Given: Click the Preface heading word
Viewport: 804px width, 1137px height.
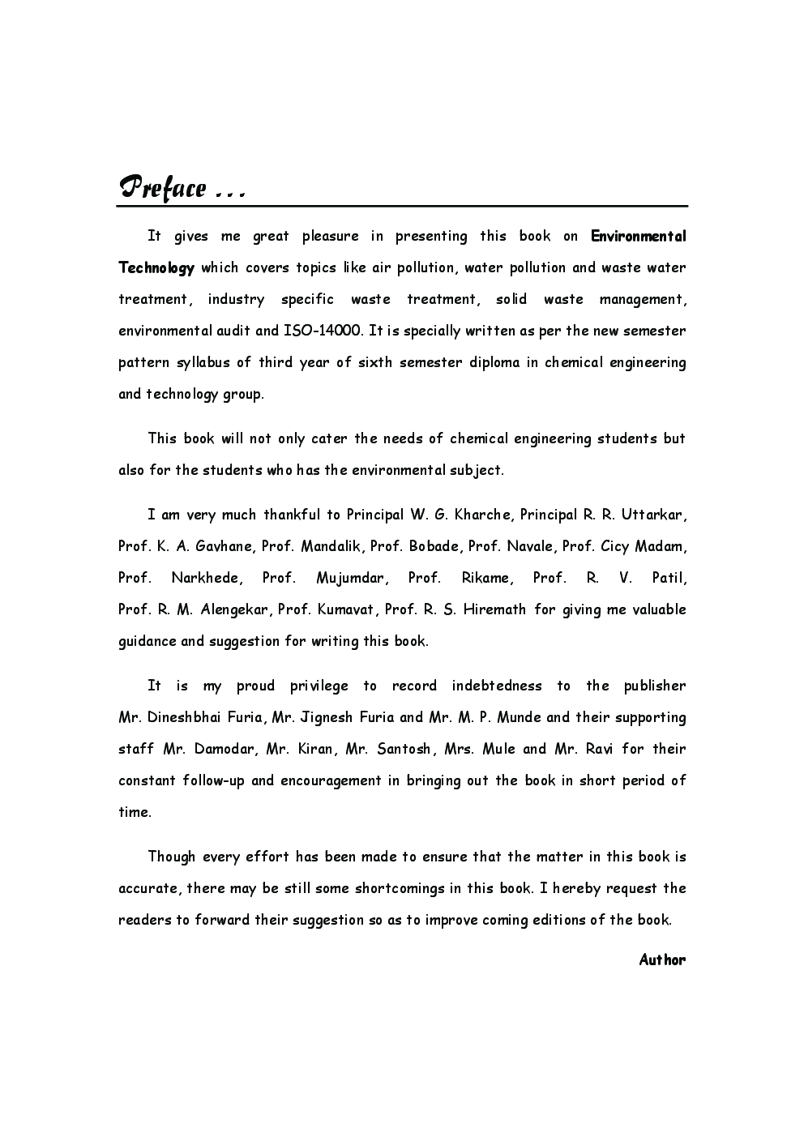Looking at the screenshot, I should (x=162, y=188).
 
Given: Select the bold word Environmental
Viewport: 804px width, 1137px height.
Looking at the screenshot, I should (x=638, y=237).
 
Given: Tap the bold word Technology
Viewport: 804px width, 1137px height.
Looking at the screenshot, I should (x=156, y=268).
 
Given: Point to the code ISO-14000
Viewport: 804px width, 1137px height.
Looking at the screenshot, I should (x=322, y=331).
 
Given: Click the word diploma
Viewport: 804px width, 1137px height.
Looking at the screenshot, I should (x=494, y=362).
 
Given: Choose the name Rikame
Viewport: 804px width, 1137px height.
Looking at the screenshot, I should (x=486, y=578).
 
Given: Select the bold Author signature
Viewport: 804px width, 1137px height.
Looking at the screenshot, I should (x=662, y=960).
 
